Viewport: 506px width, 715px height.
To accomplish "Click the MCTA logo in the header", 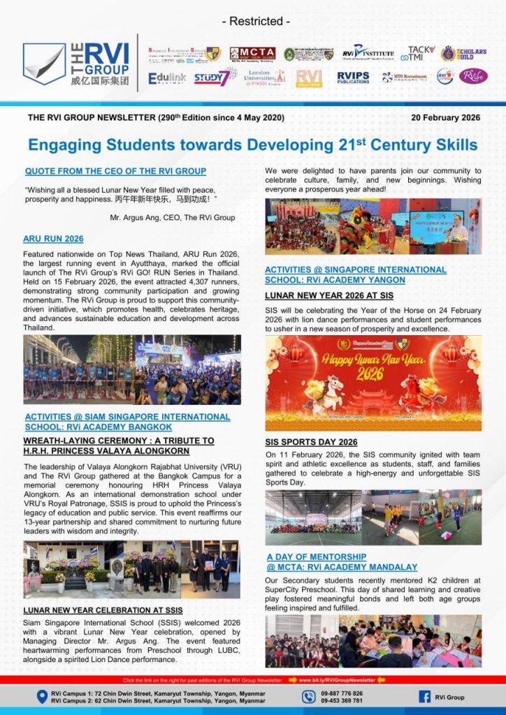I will pos(252,54).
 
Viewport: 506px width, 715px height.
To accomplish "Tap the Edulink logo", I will pos(167,78).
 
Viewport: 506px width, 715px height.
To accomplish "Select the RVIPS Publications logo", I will pos(353,78).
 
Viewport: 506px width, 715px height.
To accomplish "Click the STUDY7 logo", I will pos(211,78).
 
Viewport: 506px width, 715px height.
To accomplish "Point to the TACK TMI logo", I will pos(421,54).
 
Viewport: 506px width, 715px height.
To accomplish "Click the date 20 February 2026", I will pos(446,117).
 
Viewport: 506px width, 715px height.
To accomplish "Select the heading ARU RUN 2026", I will pos(53,239).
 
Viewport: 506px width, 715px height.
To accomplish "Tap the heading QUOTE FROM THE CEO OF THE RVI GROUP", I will pos(115,171).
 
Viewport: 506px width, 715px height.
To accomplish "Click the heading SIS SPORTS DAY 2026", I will pos(311,442).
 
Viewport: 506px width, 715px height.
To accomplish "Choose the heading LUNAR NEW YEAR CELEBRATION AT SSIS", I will pos(103,610).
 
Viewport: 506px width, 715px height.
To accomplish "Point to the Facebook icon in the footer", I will pos(424,696).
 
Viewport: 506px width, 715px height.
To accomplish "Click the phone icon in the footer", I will pos(309,696).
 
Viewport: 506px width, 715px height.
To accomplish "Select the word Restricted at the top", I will pos(256,21).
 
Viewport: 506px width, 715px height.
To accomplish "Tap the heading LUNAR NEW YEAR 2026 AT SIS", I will pos(329,295).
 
